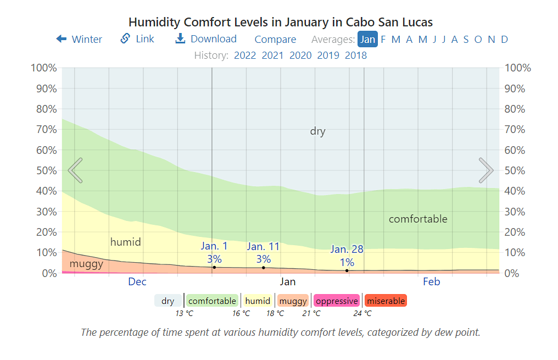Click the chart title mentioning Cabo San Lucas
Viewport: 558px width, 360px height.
[x=280, y=23]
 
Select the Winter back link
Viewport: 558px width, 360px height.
[x=79, y=39]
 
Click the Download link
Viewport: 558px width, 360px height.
[x=206, y=39]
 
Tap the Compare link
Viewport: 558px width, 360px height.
[x=275, y=40]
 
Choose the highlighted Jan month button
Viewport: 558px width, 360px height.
[x=367, y=40]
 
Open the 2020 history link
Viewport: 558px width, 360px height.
[x=300, y=56]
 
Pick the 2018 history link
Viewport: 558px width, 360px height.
[x=356, y=56]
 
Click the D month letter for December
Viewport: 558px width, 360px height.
[x=504, y=40]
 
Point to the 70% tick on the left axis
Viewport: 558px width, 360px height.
[x=43, y=130]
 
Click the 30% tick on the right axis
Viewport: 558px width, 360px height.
[x=517, y=212]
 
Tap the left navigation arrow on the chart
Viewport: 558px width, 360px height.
[x=75, y=170]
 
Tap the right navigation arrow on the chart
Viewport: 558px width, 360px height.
[x=486, y=170]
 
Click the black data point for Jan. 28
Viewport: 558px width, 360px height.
[x=347, y=270]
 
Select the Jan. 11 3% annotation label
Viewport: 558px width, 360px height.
[x=263, y=253]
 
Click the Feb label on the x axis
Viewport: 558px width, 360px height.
[x=431, y=282]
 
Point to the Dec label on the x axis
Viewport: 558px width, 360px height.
[x=137, y=282]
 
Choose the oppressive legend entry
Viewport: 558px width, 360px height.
[x=337, y=301]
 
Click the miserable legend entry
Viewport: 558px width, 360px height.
[x=386, y=301]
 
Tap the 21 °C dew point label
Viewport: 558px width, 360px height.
[x=311, y=313]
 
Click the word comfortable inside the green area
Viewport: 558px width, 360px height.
[x=418, y=219]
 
